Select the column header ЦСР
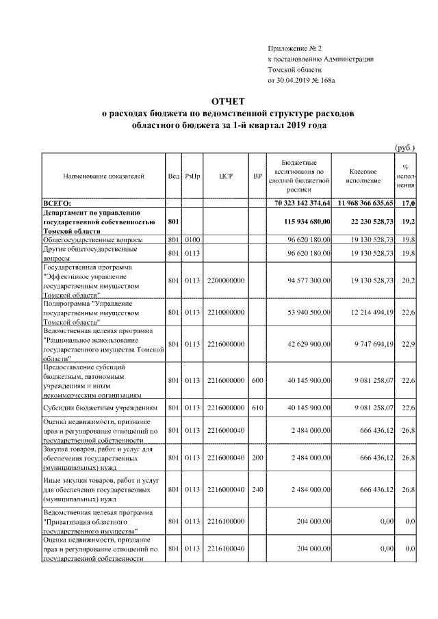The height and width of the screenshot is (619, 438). point(227,176)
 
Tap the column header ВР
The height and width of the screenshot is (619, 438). point(257,176)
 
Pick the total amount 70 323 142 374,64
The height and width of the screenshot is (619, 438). point(302,203)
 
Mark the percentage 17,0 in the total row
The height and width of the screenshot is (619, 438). point(409,203)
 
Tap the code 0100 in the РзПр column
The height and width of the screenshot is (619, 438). point(192,240)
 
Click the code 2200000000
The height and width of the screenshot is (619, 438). point(227,280)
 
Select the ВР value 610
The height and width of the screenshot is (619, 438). point(257,408)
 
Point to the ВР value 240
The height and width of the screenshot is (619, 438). point(257,490)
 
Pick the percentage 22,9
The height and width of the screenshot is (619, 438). point(410,344)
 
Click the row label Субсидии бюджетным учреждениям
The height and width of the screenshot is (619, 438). point(101,408)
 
